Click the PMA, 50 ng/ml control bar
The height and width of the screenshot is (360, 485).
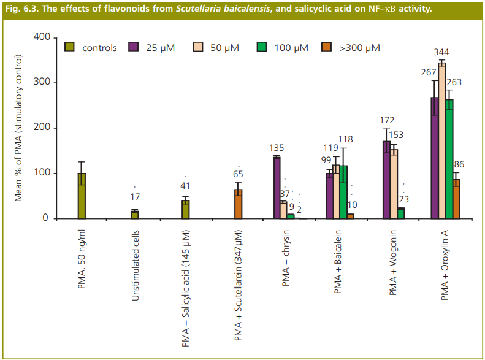tap(82, 196)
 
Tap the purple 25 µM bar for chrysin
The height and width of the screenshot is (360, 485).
tap(277, 188)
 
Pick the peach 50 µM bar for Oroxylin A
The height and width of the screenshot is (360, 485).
tap(441, 140)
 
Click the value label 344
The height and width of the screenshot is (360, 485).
tap(440, 52)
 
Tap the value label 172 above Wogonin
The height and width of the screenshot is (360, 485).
tap(387, 120)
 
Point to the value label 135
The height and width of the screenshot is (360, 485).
tap(277, 147)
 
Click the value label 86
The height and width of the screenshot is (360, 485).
tap(459, 164)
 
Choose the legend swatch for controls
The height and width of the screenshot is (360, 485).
tap(70, 47)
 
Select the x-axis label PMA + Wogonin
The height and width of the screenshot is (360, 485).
tap(393, 263)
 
